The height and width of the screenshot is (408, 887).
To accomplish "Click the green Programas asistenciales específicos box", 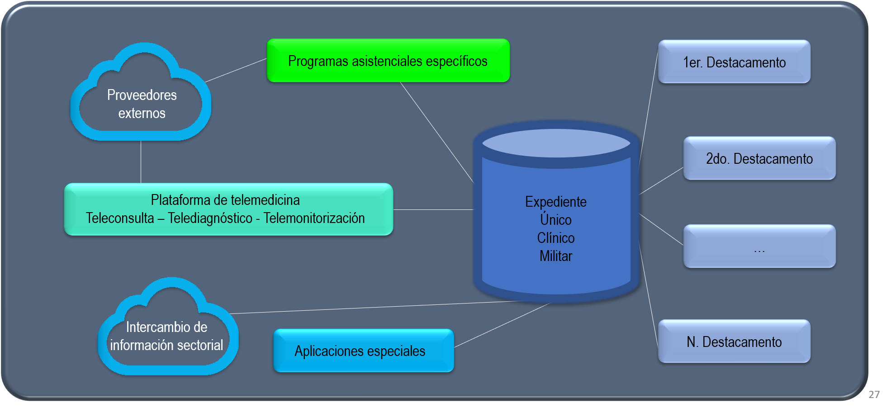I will click(x=388, y=61).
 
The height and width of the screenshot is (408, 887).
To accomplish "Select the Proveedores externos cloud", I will click(x=142, y=104).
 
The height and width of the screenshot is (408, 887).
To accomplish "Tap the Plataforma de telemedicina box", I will click(x=228, y=209).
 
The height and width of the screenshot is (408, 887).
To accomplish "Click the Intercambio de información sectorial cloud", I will click(x=166, y=336).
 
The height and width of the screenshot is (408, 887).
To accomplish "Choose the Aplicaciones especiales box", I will click(x=363, y=351).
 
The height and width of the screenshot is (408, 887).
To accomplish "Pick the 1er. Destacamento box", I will click(x=734, y=62).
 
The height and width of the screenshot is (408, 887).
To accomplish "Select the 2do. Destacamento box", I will click(x=759, y=158).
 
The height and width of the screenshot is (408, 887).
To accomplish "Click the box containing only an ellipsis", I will click(x=759, y=247).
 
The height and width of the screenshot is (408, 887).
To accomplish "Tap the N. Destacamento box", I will click(x=734, y=342).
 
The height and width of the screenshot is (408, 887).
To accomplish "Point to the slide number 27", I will click(x=874, y=394).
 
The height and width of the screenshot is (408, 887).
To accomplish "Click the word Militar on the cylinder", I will click(x=555, y=256).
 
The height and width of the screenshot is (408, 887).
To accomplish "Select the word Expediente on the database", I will click(x=555, y=202).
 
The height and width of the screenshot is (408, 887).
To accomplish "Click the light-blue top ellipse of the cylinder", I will click(x=556, y=143).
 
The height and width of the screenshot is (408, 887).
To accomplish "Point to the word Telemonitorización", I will click(x=314, y=218).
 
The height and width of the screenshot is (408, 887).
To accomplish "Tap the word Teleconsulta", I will click(x=120, y=218).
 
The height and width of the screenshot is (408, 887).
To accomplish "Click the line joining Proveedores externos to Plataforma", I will click(x=141, y=161).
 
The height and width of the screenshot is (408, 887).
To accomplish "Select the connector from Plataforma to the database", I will click(x=433, y=209).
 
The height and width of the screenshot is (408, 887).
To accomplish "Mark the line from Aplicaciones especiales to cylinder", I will click(x=502, y=325).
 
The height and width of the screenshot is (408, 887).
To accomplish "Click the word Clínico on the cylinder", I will click(x=555, y=238).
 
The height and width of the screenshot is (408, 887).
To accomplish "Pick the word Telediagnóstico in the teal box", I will click(x=210, y=218).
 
